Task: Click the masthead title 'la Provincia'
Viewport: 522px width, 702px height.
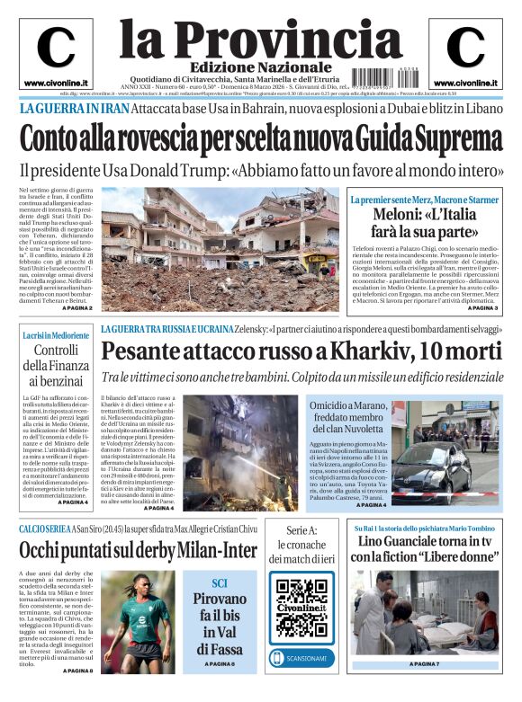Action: click(261, 38)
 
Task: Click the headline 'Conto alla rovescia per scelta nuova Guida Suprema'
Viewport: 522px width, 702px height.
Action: click(261, 139)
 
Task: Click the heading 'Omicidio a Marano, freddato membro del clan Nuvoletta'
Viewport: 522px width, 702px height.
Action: click(346, 422)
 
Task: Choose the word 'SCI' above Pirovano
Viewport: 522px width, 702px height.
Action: click(220, 582)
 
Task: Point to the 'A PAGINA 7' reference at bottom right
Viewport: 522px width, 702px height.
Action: click(424, 664)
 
